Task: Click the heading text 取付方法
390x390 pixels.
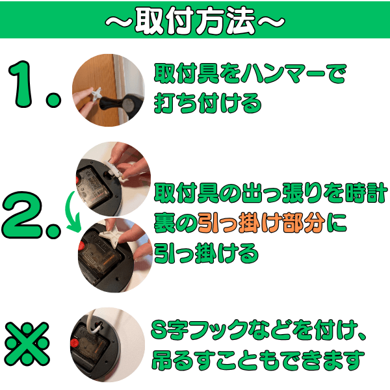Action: coord(195,20)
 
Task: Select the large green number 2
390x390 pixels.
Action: coord(22,215)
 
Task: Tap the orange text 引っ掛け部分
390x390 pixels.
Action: coord(261,222)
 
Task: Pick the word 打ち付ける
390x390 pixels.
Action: coord(207,103)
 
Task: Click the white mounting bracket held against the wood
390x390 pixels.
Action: coord(96,94)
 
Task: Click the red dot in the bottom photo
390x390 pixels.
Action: coord(74,343)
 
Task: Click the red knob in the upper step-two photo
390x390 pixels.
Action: coord(77,180)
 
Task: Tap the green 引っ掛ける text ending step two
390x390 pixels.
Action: coord(206,253)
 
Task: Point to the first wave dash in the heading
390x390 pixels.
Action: coord(119,22)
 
